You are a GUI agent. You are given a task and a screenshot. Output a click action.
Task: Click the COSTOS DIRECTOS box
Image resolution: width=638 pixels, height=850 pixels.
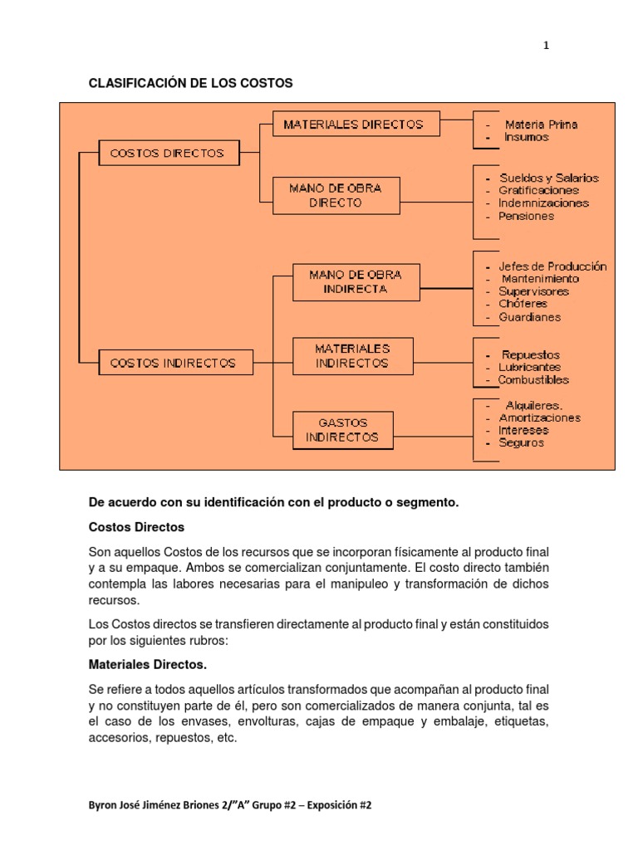pos(167,154)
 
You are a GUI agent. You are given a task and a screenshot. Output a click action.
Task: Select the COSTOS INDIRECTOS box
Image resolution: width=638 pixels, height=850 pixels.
pos(172,363)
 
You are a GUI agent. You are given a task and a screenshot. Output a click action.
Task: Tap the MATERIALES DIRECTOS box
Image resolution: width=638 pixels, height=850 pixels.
pos(353,125)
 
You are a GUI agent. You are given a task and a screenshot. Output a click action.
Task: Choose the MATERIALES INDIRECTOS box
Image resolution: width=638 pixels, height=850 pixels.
pos(352,356)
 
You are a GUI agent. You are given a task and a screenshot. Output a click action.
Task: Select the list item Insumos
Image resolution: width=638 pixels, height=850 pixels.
pos(526,137)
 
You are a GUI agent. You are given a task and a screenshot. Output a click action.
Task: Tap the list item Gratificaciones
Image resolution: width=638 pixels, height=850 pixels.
pos(538,191)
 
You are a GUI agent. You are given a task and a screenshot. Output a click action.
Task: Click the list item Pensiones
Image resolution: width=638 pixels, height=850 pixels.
pos(526,216)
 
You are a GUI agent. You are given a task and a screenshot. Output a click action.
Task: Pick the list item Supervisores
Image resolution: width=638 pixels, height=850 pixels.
pos(533,291)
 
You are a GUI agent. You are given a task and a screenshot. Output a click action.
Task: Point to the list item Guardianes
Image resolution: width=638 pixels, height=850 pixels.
pos(529,317)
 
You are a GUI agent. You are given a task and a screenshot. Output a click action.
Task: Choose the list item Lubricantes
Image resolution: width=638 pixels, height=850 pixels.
pos(529,367)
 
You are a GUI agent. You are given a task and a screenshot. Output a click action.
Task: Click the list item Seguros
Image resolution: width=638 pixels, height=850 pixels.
pos(522,443)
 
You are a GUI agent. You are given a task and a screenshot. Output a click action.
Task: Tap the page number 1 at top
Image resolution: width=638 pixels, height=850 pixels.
pos(546,46)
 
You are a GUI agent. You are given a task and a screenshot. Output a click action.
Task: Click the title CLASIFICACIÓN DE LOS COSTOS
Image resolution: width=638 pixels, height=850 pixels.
pos(191,83)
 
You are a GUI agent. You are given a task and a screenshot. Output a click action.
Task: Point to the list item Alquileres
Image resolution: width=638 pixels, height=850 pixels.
pos(533,406)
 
